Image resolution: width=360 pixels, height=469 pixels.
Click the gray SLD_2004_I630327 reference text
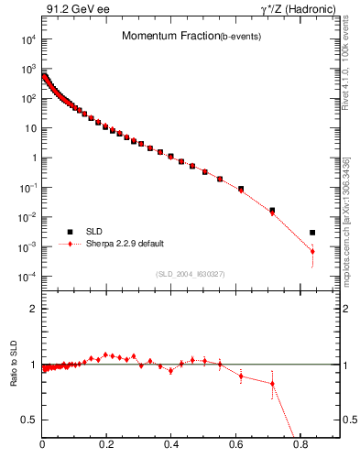(x=191, y=273)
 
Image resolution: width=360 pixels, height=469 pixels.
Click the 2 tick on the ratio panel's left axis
(x=33, y=309)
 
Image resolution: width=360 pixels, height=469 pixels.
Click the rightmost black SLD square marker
(x=312, y=233)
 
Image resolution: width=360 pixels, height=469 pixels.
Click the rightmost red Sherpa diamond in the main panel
(x=312, y=251)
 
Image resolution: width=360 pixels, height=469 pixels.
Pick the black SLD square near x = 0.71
(x=272, y=210)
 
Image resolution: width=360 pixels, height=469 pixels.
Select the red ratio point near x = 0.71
(x=272, y=384)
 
